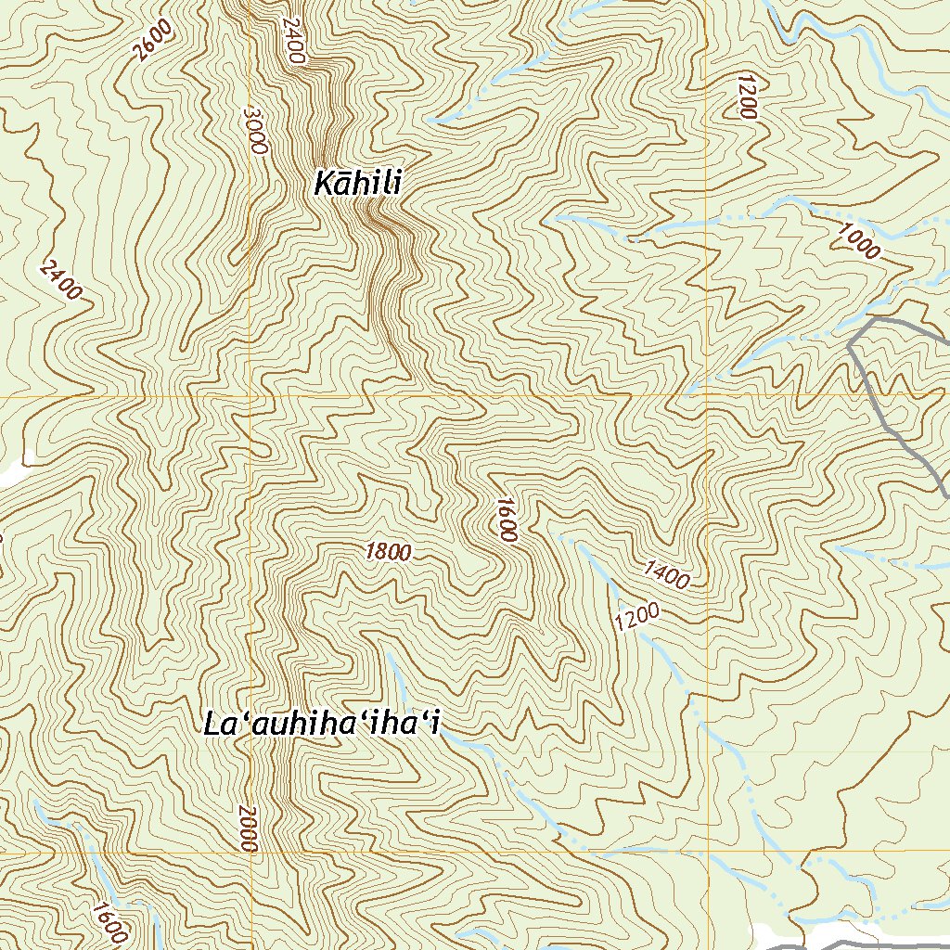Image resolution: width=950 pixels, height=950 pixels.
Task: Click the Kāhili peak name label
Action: [x=357, y=184]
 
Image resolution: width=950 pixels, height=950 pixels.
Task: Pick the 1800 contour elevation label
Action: [x=388, y=552]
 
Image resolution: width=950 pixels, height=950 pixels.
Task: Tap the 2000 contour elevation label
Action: [x=247, y=828]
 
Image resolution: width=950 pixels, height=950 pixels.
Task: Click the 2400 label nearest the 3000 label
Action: [x=291, y=41]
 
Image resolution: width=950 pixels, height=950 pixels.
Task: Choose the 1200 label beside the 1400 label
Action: [x=635, y=618]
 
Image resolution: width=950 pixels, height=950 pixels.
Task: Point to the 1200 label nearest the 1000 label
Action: [x=745, y=96]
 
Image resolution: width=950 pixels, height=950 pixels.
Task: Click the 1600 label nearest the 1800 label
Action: [x=506, y=519]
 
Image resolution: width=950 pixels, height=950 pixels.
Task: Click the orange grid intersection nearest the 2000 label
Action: [x=250, y=851]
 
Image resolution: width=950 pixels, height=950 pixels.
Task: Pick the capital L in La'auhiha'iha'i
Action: [x=214, y=725]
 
